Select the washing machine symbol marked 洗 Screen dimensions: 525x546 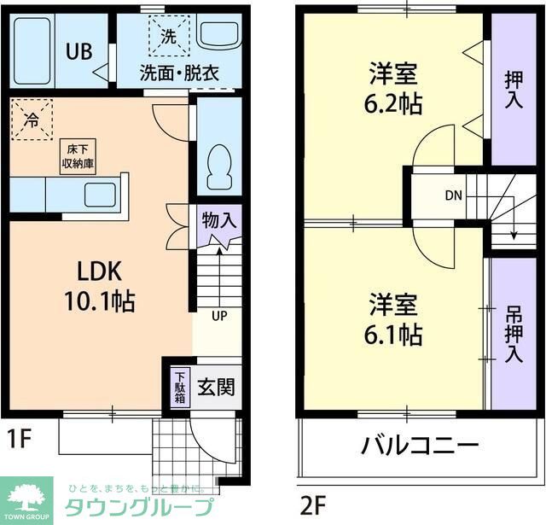coord(168,37)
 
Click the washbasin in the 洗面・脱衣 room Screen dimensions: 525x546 coord(219,34)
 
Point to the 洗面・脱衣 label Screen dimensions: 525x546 coord(180,73)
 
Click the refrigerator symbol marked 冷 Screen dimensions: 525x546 coord(32,120)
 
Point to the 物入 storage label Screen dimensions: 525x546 coord(219,219)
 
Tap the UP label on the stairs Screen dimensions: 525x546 coord(219,316)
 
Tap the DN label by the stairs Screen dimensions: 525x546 coord(453,195)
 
